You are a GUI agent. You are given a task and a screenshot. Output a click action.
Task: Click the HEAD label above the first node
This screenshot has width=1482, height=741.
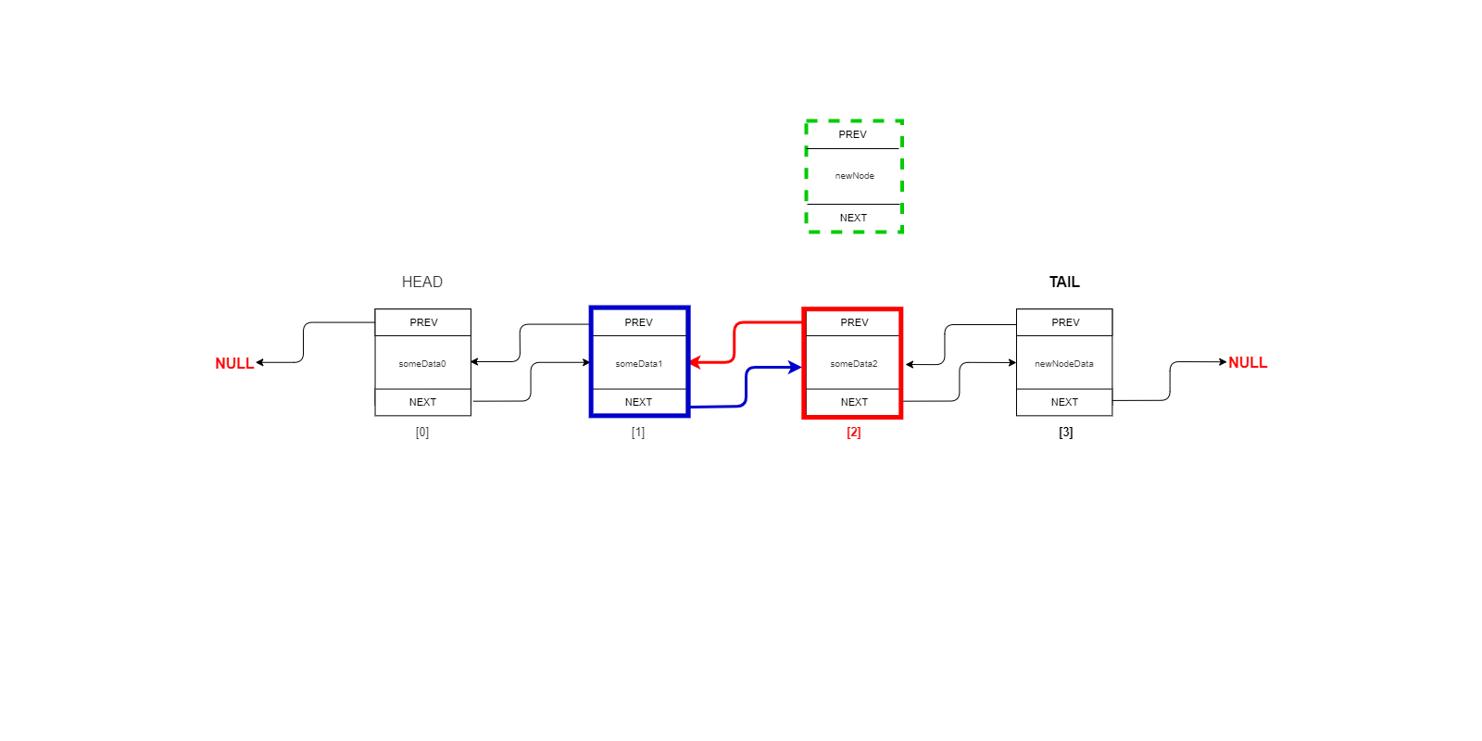click(x=422, y=282)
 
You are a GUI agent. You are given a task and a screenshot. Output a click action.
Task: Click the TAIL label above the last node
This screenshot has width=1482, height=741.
click(x=1064, y=282)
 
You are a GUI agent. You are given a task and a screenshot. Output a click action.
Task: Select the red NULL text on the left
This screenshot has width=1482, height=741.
click(x=234, y=363)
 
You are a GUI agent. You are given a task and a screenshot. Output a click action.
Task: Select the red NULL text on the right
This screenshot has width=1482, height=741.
click(x=1248, y=362)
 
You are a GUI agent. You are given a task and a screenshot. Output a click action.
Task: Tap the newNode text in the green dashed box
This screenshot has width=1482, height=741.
click(x=854, y=176)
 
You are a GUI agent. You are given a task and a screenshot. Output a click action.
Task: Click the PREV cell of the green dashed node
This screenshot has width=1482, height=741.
click(x=853, y=134)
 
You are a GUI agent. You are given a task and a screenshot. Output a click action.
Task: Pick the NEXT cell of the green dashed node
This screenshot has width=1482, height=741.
click(x=853, y=218)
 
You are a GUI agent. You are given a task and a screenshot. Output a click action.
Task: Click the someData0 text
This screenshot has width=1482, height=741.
click(x=422, y=364)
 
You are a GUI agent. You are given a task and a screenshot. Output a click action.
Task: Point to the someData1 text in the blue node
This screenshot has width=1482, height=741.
click(x=638, y=364)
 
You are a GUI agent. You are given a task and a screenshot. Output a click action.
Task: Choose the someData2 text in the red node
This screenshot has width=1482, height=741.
click(x=853, y=364)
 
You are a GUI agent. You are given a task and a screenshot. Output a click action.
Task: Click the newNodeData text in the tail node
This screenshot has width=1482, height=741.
click(x=1064, y=364)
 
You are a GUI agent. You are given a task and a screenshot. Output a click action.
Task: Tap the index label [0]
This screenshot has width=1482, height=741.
click(x=422, y=432)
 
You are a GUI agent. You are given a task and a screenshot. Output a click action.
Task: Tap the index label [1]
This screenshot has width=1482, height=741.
click(x=638, y=432)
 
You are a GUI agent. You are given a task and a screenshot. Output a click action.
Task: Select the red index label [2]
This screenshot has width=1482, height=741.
click(x=853, y=432)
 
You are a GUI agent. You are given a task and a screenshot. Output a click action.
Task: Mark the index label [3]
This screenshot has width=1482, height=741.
click(x=1065, y=432)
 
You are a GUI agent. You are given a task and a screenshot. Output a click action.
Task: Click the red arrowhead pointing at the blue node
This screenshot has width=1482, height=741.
click(x=696, y=362)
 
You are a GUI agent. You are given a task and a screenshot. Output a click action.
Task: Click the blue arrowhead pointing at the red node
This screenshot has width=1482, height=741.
click(x=795, y=368)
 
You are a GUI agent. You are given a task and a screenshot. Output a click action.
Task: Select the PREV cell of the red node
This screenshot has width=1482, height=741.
click(x=854, y=322)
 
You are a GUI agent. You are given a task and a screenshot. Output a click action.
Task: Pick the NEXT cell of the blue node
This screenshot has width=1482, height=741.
click(x=638, y=402)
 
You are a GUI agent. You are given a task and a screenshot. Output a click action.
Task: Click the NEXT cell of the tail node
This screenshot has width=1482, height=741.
click(x=1064, y=402)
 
